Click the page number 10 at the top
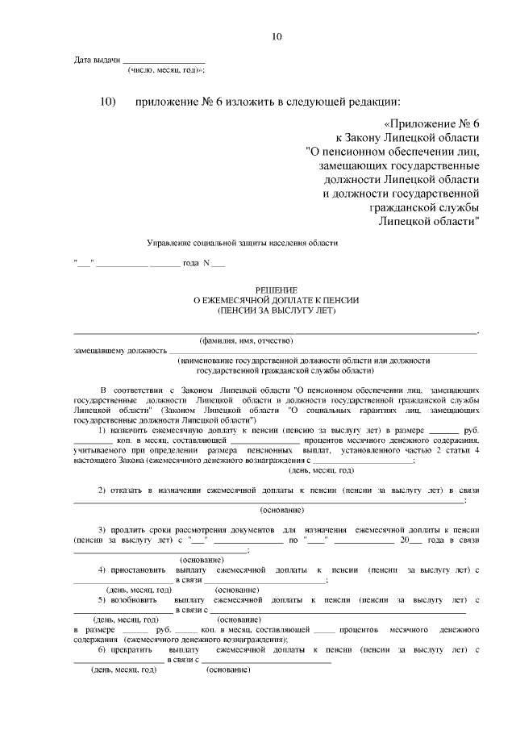click(277, 36)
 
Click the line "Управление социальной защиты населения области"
click(242, 243)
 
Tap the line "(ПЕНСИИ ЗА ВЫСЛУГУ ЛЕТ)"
click(276, 309)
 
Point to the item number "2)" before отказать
click(103, 490)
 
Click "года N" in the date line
click(197, 264)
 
